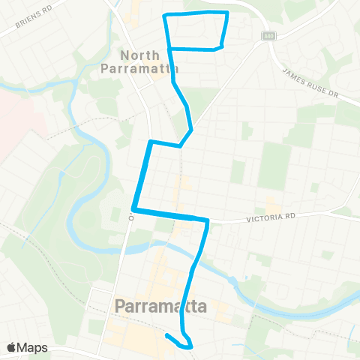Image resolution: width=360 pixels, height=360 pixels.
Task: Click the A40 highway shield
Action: [x=267, y=36]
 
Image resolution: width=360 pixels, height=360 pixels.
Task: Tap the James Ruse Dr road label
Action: [x=311, y=83]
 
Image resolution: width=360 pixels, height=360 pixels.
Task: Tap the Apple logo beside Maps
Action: [x=12, y=347]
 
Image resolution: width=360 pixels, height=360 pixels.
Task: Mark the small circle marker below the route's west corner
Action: [x=130, y=218]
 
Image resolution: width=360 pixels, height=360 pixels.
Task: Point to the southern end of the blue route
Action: [x=166, y=336]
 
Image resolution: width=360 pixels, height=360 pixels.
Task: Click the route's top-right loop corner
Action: [x=227, y=13]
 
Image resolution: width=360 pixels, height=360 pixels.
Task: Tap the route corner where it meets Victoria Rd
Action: [x=207, y=220]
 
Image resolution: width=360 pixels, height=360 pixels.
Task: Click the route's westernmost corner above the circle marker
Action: [x=133, y=210]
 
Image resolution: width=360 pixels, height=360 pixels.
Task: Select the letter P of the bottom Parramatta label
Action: [x=121, y=307]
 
